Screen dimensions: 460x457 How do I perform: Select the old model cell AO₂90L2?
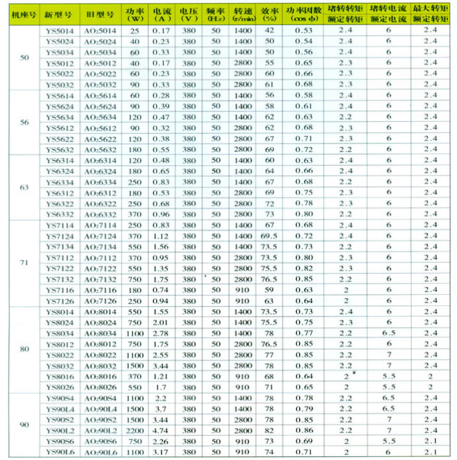pos(100,431)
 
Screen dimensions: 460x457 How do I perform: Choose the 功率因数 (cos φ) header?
pos(303,14)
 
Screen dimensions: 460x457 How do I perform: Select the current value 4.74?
pos(161,431)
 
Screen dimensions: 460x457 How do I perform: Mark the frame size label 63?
pos(25,187)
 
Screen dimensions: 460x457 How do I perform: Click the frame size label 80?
pos(25,349)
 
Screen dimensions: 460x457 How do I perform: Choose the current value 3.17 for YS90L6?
pos(161,452)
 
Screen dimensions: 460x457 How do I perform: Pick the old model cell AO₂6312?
pos(100,193)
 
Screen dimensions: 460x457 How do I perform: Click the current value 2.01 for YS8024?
pos(161,322)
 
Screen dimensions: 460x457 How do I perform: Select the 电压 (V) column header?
pos(189,14)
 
